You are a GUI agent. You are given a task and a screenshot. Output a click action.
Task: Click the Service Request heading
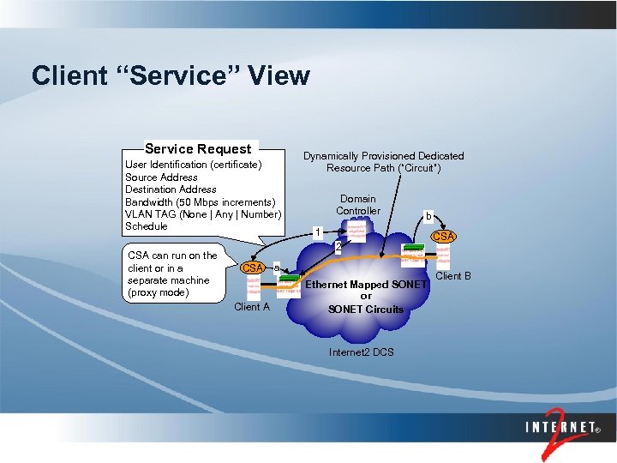(198, 149)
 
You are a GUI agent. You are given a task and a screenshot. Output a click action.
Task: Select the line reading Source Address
(161, 177)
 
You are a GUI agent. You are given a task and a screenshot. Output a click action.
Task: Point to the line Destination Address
(171, 189)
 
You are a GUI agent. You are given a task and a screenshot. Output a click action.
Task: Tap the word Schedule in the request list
(147, 226)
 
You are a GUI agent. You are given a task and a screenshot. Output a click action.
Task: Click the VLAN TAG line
(202, 214)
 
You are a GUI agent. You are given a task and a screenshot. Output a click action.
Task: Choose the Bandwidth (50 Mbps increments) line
(194, 201)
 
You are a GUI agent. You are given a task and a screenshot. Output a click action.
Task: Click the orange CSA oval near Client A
(252, 268)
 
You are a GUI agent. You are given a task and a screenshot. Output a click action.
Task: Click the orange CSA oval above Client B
(443, 236)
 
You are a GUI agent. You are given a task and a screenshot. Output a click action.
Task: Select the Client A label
(251, 307)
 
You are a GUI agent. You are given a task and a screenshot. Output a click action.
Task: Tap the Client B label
(453, 276)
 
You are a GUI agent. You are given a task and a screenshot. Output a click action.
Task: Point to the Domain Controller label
(358, 205)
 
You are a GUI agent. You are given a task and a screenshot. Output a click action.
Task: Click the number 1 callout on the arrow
(317, 232)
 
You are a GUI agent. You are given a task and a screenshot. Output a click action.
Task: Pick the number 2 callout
(338, 248)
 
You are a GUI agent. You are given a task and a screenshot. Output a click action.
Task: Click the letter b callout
(429, 216)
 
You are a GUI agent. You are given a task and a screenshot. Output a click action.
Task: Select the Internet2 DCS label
(361, 352)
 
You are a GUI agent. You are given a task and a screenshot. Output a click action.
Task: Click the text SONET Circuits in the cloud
(366, 309)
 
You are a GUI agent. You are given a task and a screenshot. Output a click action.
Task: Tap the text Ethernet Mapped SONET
(366, 285)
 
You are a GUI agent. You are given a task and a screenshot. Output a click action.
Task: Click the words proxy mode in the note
(168, 292)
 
